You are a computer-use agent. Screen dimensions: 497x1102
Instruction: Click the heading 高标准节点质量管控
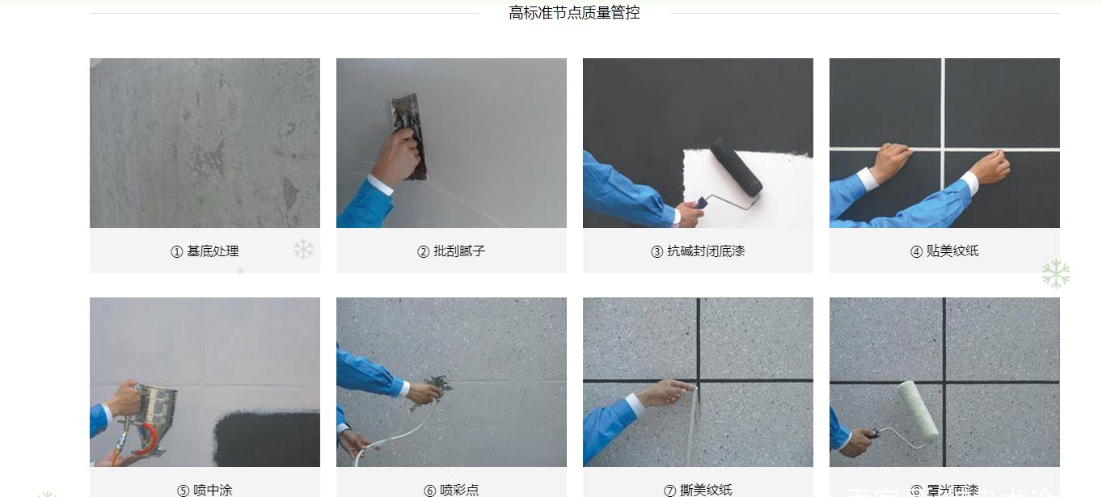pos(574,13)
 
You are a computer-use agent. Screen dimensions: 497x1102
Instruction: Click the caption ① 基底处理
pos(205,251)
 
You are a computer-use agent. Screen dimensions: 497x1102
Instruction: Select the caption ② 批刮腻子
pos(451,251)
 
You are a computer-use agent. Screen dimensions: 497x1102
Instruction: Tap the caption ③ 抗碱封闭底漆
pos(698,251)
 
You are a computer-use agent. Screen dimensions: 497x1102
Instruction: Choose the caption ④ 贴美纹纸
pos(944,251)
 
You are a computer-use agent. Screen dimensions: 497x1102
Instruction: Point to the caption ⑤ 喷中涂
pos(205,490)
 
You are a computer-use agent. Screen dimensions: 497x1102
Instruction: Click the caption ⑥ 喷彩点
pos(451,490)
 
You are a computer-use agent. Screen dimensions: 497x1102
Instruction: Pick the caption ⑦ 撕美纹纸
pos(698,490)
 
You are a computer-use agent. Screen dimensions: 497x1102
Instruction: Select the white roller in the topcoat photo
pos(918,411)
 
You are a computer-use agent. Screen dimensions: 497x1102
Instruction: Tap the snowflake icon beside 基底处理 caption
pos(304,249)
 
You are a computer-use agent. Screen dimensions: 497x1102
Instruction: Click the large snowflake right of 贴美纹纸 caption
pos(1055,274)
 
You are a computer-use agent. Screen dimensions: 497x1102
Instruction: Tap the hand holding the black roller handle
pos(689,213)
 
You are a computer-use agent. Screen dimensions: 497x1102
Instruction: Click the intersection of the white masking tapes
pos(944,149)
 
